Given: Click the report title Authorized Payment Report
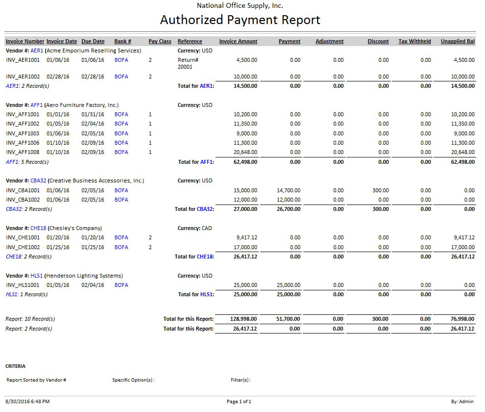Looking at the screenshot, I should pos(240,20).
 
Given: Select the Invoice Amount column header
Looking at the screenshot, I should pos(238,42).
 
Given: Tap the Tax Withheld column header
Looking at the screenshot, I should pos(414,42).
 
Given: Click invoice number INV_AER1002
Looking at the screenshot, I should pos(25,77).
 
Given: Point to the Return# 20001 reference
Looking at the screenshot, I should pos(188,63).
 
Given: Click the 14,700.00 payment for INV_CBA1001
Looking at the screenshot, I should pos(289,190).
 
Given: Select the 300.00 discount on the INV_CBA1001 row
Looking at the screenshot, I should pos(380,190).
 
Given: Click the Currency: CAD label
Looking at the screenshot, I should pos(195,228).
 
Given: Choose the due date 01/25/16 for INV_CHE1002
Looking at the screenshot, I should pos(93,247).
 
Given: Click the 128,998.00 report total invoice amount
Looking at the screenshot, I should pos(244,319).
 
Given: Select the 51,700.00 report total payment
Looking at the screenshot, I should pos(288,319).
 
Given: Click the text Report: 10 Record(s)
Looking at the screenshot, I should pos(30,319).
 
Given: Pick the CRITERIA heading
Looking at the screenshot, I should pos(15,366).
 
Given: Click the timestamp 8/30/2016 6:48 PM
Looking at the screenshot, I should pos(27,402).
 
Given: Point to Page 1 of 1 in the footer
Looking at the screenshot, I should pos(239,402).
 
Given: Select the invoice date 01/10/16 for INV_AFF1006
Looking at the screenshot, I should pos(58,143).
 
